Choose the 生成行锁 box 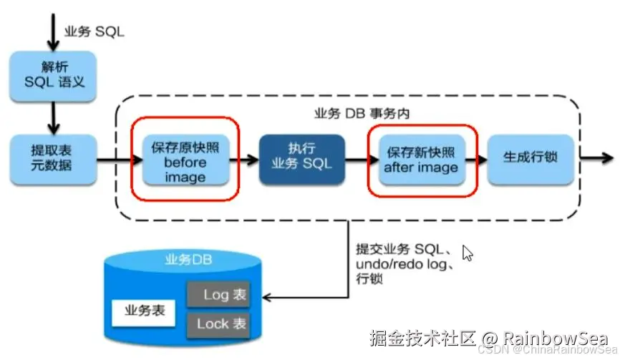[x=531, y=156]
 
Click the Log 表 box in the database [x=218, y=294]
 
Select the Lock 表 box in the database [x=218, y=323]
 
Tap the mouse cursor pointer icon [x=468, y=253]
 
